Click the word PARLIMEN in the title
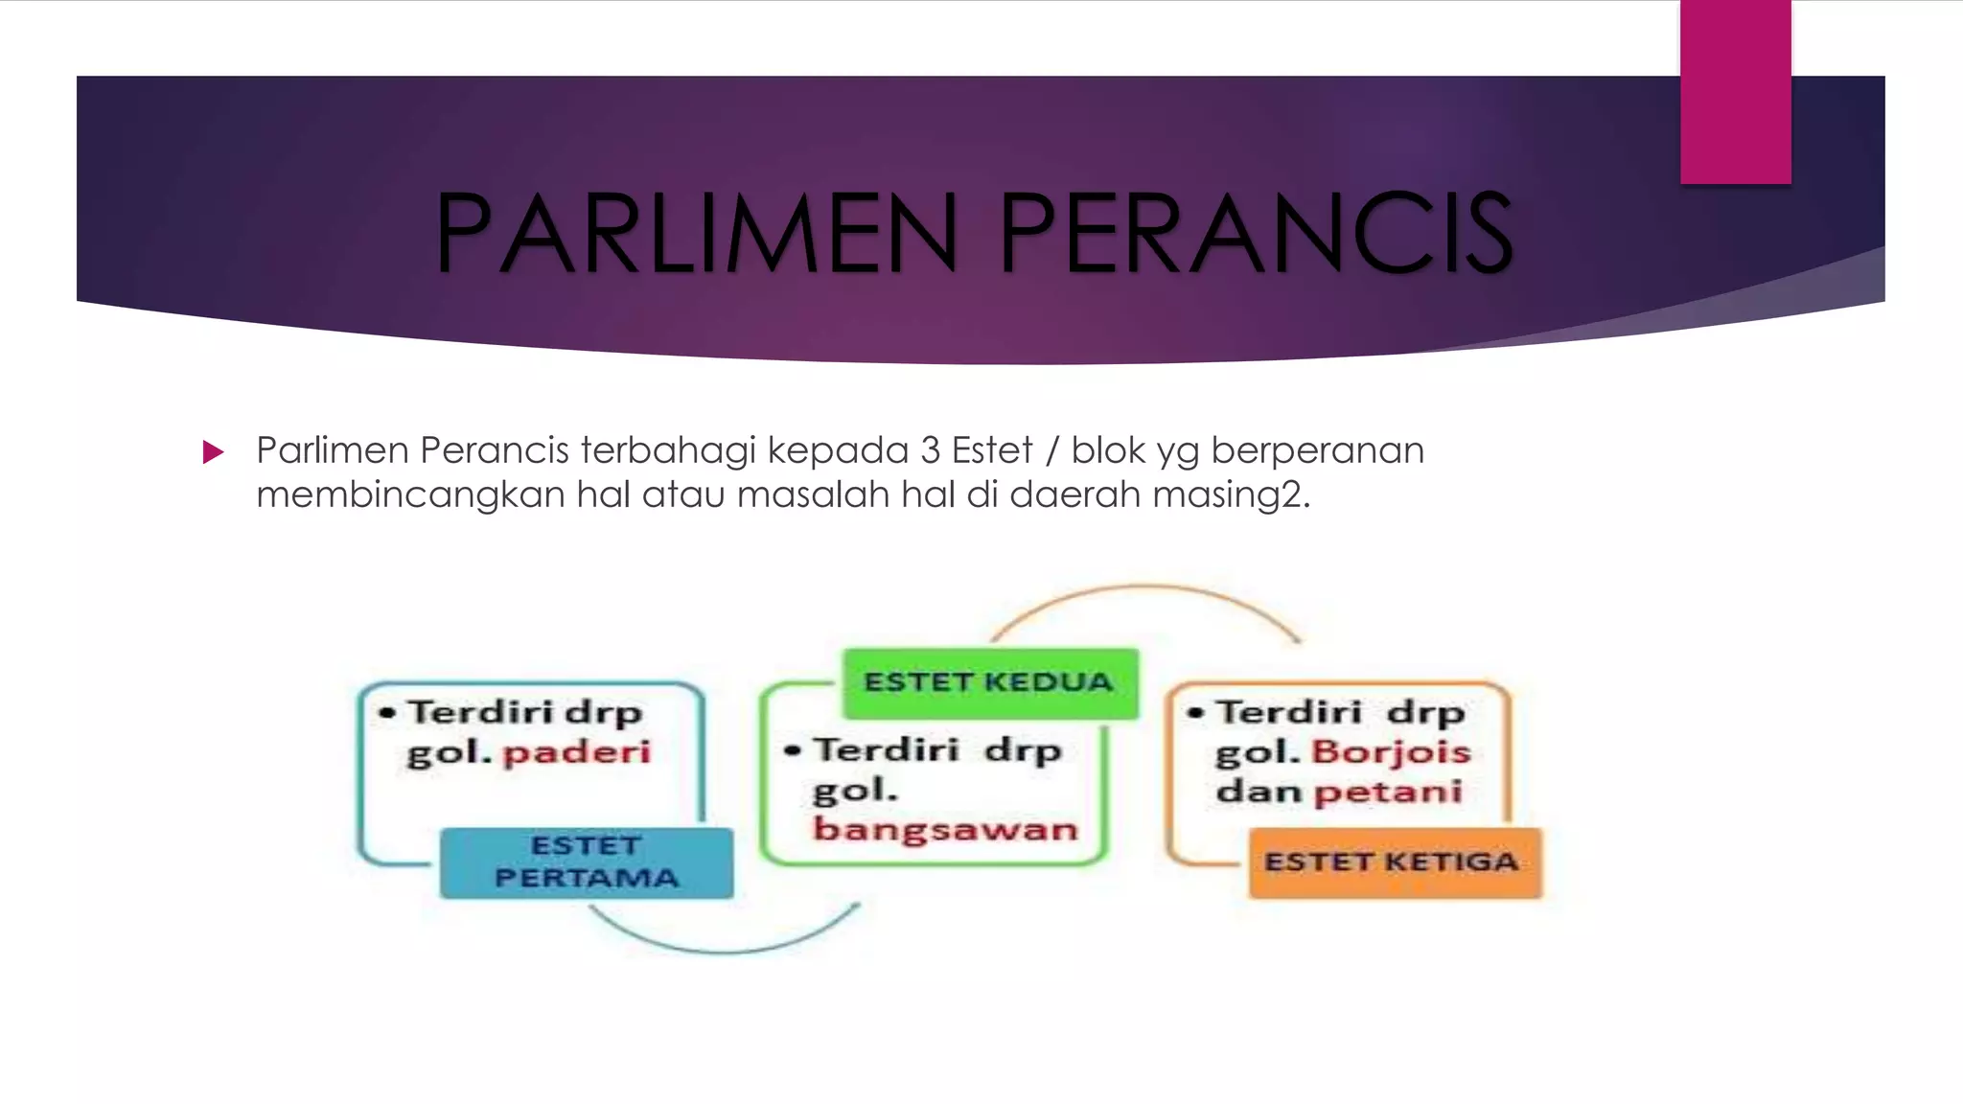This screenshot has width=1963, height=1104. pos(697,233)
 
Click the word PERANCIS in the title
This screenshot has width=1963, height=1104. pos(1256,233)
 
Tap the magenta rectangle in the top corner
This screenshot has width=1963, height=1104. pos(1735,91)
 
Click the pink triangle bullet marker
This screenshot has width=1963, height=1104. pos(213,451)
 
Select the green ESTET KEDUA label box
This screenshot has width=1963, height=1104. pos(990,682)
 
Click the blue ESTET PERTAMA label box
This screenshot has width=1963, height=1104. pos(587,862)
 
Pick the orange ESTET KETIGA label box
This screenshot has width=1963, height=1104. pos(1395,862)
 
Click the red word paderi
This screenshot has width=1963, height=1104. pos(577,752)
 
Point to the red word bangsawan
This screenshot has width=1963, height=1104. pos(945,829)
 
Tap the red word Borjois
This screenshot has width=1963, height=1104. pos(1391,752)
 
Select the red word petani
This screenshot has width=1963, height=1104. pos(1388,793)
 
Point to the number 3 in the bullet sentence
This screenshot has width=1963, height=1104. pos(930,450)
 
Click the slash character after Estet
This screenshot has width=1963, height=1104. pos(1052,450)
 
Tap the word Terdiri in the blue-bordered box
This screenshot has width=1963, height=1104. pos(480,713)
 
